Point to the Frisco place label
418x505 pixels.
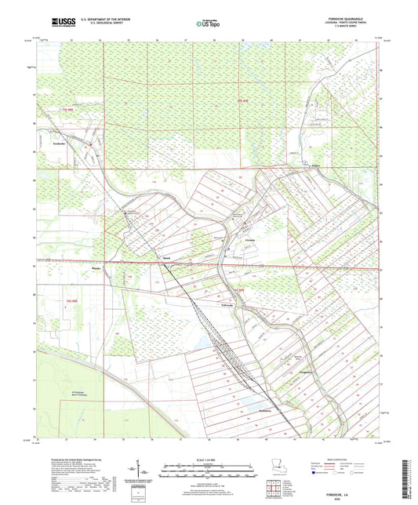point(315,166)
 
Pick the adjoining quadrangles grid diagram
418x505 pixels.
point(274,492)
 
